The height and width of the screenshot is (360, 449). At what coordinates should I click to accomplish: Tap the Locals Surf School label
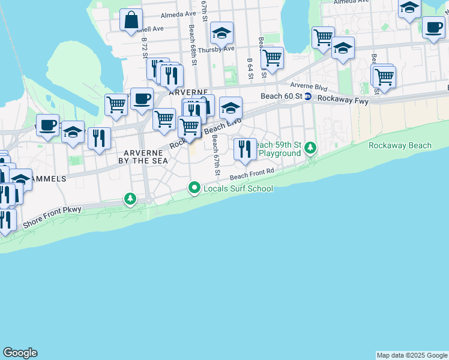(x=238, y=188)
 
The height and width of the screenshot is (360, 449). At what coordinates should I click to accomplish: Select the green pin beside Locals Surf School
(x=194, y=188)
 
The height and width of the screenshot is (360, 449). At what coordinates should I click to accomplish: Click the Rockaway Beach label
(x=400, y=145)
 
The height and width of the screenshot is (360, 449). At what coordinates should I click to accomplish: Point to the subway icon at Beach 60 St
(x=308, y=96)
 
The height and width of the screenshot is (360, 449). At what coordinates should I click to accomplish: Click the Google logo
(x=20, y=353)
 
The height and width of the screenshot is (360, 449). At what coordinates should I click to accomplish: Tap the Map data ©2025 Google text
(x=411, y=355)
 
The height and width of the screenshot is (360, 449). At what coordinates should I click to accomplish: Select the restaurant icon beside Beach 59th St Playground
(x=244, y=148)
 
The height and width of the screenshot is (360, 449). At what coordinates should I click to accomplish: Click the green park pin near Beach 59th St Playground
(x=310, y=147)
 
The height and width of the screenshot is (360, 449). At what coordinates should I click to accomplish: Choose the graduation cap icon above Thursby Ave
(x=221, y=33)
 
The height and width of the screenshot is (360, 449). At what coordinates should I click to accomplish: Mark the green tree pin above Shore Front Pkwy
(x=130, y=198)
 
